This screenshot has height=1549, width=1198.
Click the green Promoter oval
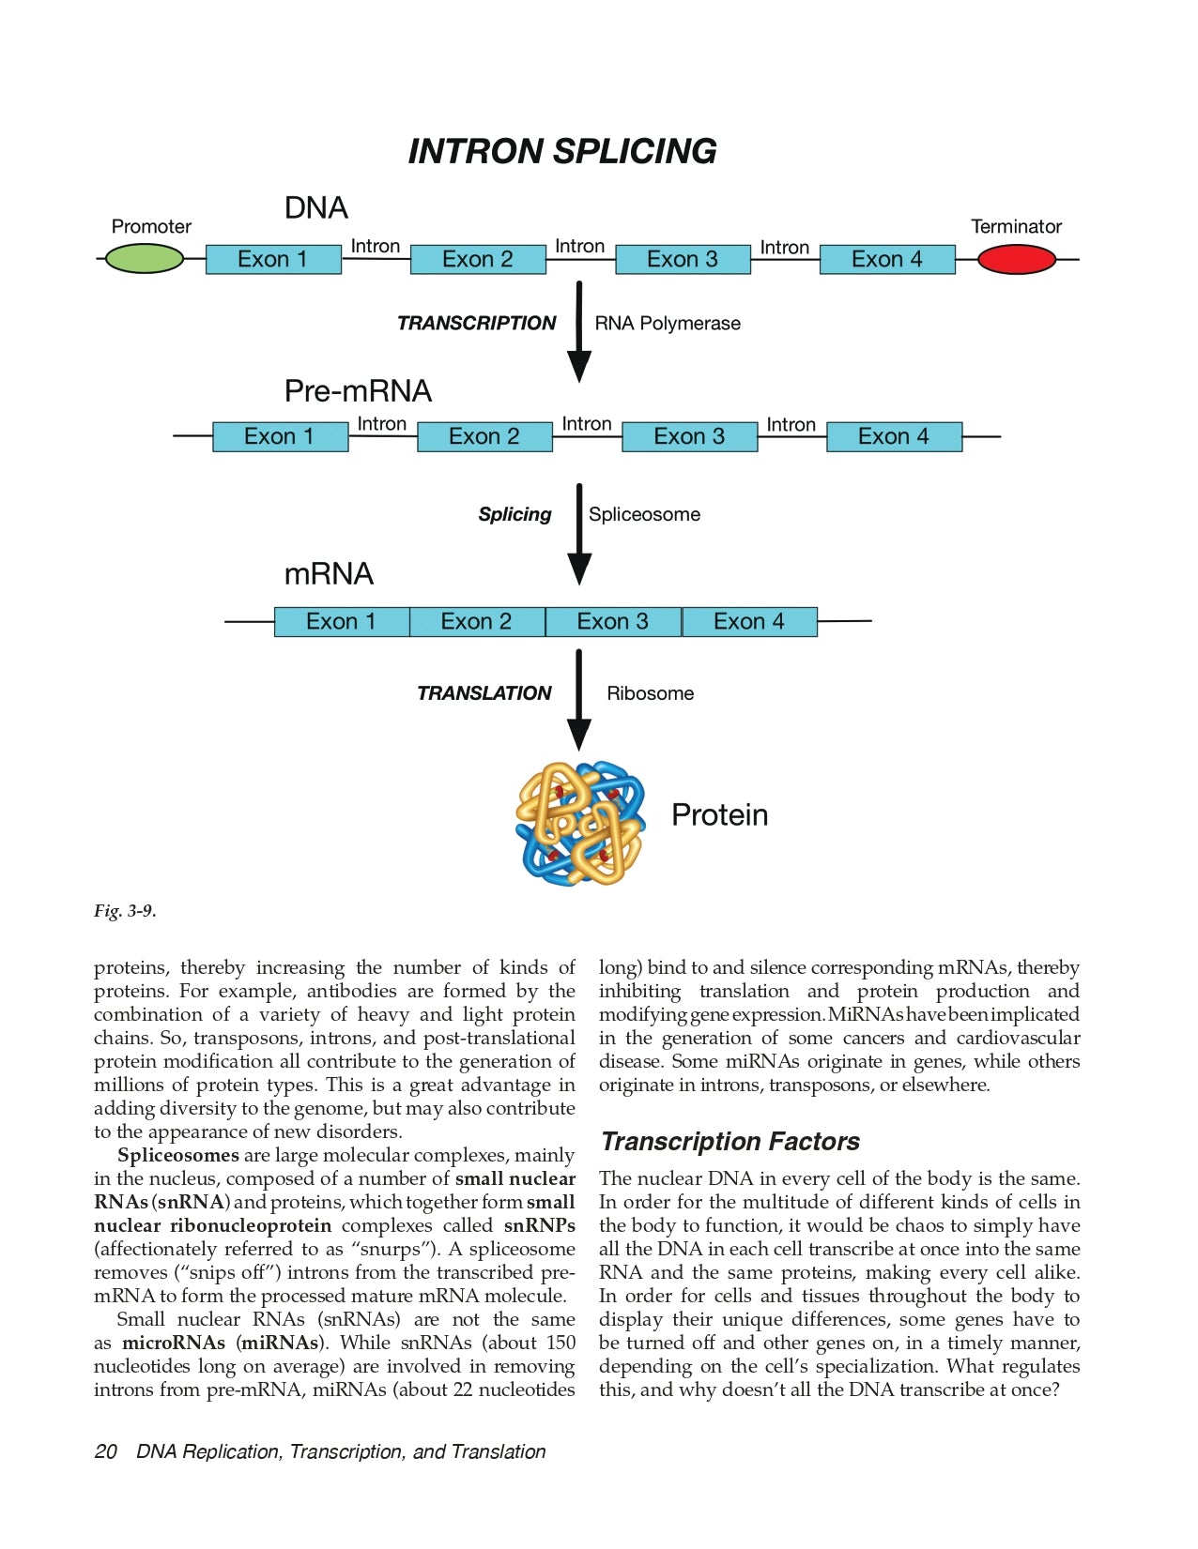144,259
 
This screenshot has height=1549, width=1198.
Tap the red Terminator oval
1017,259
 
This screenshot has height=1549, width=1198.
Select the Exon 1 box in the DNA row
273,259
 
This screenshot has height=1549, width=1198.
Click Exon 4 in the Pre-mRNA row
894,436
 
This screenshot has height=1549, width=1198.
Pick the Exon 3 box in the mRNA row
613,621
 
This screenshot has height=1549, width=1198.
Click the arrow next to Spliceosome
579,533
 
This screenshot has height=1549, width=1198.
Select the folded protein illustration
580,823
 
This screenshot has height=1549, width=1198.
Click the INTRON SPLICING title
561,151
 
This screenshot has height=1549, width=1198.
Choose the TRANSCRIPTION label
476,324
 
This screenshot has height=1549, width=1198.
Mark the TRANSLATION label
484,693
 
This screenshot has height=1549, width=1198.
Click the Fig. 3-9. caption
125,911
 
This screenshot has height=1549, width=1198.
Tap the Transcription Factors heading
730,1142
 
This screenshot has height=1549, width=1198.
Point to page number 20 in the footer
105,1451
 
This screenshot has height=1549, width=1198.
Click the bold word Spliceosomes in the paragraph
177,1155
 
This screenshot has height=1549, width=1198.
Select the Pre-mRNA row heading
358,390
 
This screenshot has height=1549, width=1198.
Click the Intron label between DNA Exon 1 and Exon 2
375,246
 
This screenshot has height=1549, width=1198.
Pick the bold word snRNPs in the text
539,1225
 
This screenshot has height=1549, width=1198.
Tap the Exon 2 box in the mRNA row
476,621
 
